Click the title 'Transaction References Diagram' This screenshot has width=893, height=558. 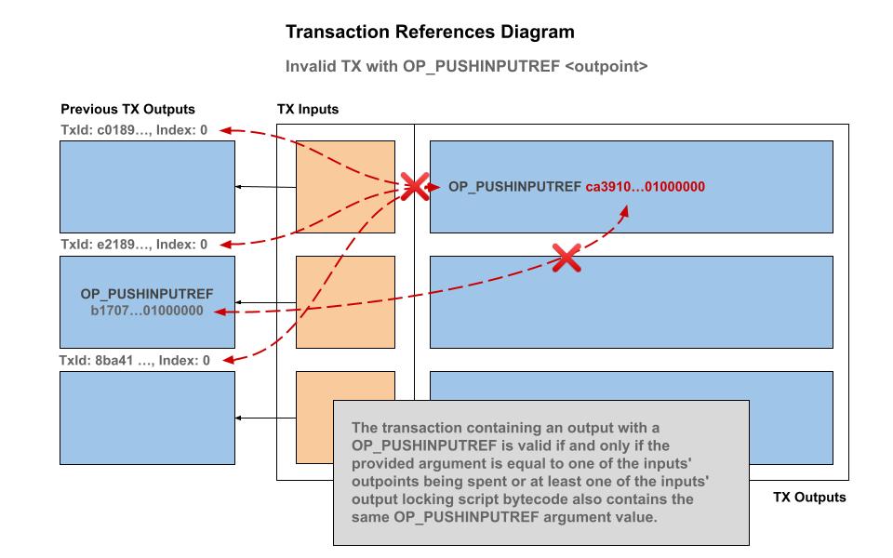(x=430, y=33)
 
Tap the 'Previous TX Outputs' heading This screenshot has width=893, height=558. (x=127, y=110)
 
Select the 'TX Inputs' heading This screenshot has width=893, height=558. (x=308, y=110)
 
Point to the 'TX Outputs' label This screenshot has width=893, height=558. (x=809, y=498)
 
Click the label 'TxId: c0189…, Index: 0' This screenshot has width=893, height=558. (x=134, y=131)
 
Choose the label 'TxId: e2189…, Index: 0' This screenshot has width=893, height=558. (x=134, y=245)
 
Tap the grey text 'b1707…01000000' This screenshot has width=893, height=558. (x=147, y=311)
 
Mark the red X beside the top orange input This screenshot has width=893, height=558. (x=413, y=186)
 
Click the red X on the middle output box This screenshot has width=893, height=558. (x=566, y=258)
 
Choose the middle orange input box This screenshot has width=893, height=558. (x=345, y=302)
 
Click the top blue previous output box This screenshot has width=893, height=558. (x=147, y=187)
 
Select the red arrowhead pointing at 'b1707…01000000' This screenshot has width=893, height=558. (x=220, y=312)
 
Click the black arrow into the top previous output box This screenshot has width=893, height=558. (x=240, y=187)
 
